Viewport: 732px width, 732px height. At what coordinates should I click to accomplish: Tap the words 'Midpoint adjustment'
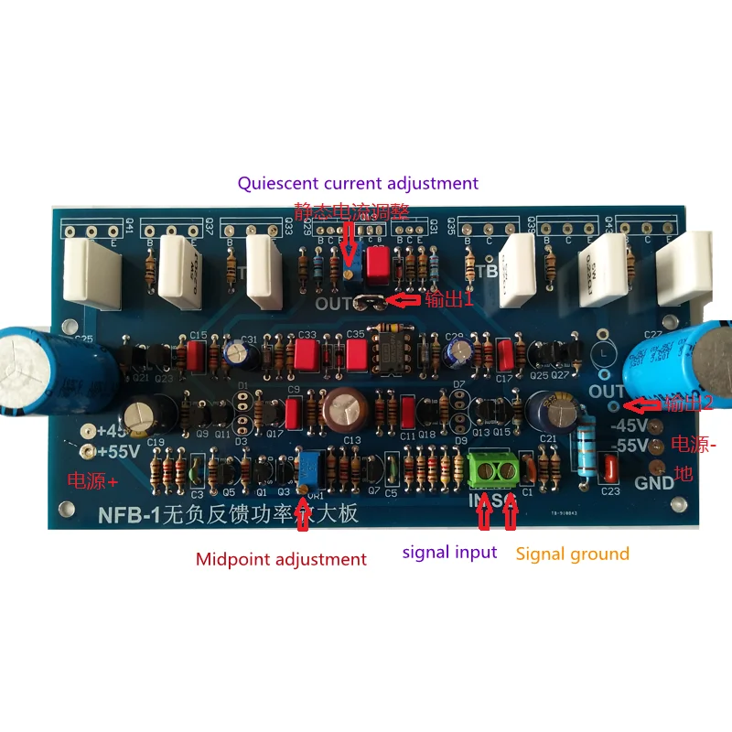coord(281,559)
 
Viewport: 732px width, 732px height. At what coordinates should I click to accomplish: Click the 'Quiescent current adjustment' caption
coord(358,183)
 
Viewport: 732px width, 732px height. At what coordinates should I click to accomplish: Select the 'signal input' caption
coord(450,552)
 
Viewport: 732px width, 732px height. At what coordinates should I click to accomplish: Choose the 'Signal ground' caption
coord(573,554)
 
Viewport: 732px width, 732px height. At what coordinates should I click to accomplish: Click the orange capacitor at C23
coord(611,468)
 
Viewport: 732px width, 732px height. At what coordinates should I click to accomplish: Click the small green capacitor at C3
coord(196,472)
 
